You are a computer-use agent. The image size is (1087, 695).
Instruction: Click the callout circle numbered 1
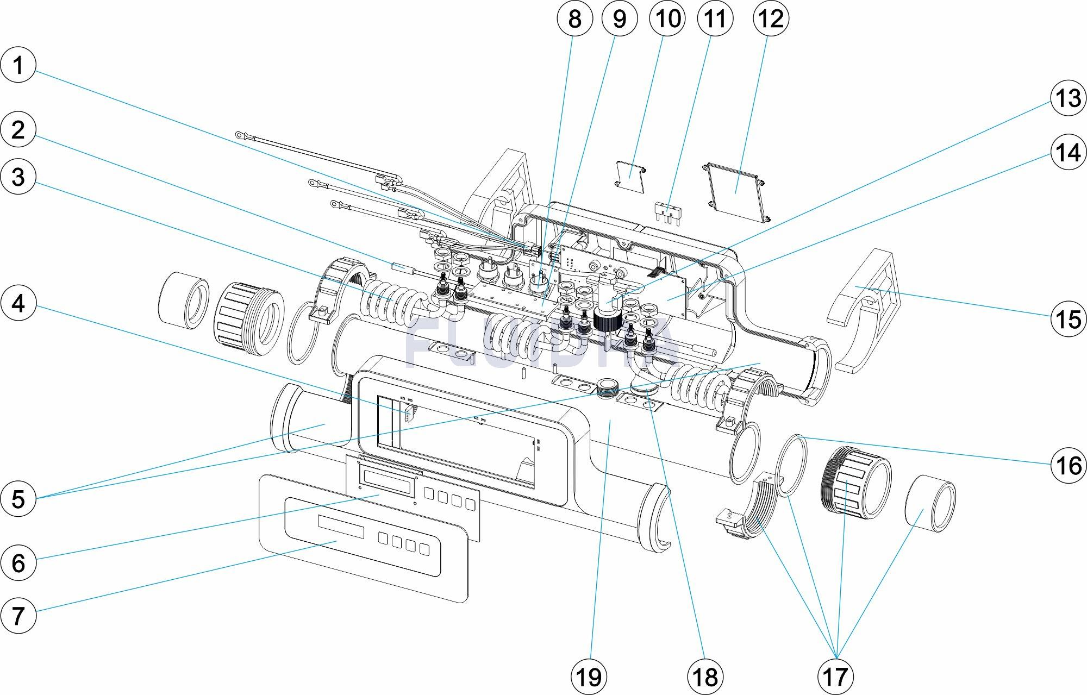pos(18,65)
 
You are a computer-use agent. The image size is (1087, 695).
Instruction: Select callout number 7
pos(18,615)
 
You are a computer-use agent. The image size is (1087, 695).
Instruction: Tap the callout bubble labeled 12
pos(771,18)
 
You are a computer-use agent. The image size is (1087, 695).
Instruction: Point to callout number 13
pos(1068,99)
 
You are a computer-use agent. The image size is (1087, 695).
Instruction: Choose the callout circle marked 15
pos(1068,319)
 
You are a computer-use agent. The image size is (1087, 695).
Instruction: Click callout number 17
pos(835,677)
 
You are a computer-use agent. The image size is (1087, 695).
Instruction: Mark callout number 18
pos(705,677)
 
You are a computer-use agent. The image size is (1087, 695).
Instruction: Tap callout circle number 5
pos(18,498)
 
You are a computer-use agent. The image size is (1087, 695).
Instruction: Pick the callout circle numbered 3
pos(18,177)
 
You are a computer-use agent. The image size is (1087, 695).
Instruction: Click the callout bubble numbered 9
pos(620,18)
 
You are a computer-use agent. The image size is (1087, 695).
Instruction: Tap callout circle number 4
pos(18,303)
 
